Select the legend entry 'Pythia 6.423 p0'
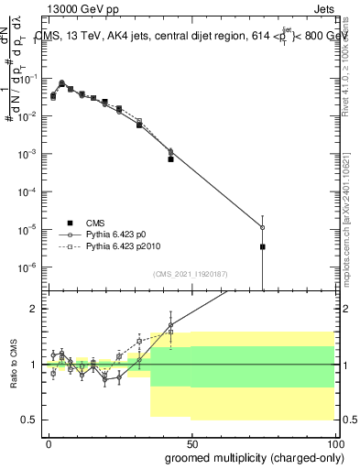coord(119,235)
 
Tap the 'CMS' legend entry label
coord(95,223)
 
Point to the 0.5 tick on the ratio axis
coord(29,420)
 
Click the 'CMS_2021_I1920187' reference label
coord(191,274)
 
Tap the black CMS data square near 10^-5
coord(262,246)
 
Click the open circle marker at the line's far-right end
coord(262,227)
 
